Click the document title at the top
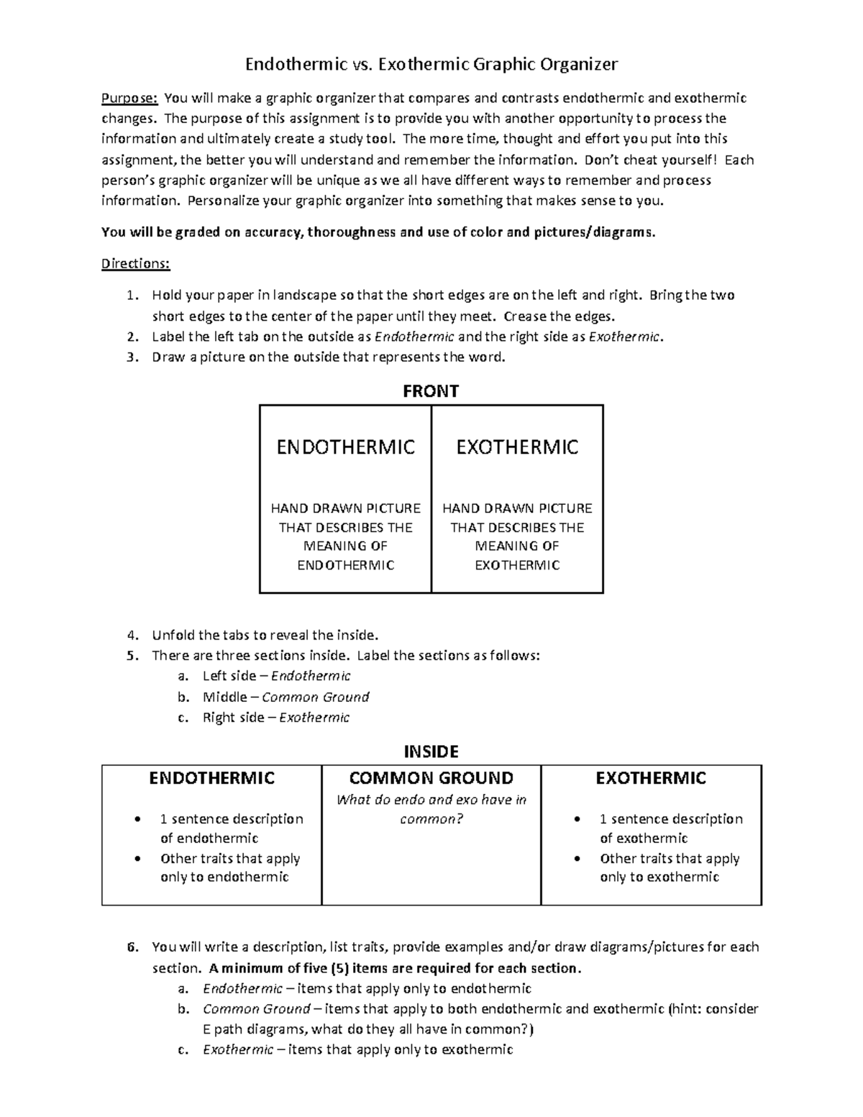coord(431,65)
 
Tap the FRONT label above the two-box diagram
coord(431,391)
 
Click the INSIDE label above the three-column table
coord(431,752)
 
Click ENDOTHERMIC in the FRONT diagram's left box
coord(346,447)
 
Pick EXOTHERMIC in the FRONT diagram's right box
coord(517,447)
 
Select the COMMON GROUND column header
coord(431,778)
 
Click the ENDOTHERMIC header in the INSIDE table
coord(211,778)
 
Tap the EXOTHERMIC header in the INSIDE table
coord(651,778)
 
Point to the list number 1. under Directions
coord(130,295)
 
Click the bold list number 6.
coord(131,947)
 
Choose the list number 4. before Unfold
coord(130,635)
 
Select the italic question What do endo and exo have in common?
coord(431,809)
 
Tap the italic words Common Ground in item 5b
coord(315,697)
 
